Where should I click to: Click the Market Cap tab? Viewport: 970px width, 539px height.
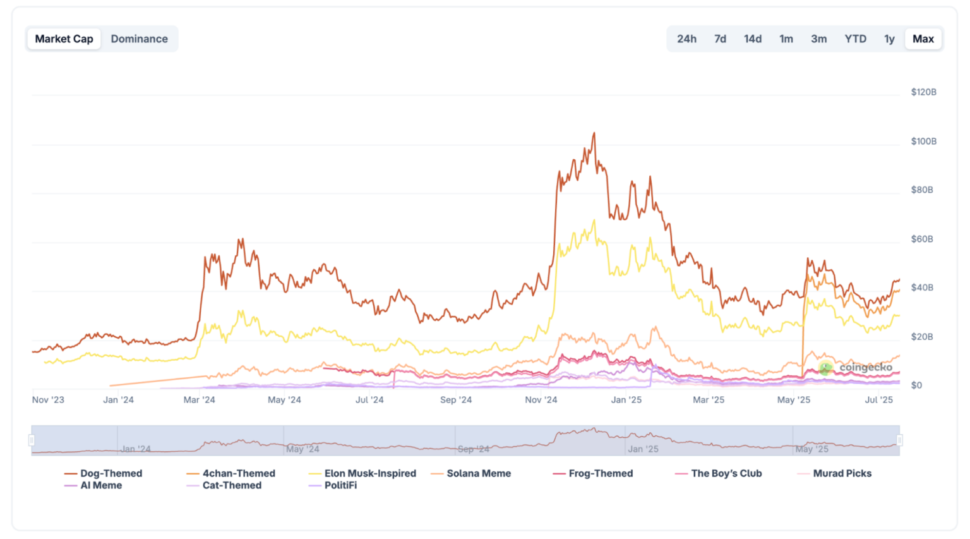pyautogui.click(x=64, y=39)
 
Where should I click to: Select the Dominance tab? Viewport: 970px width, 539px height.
pyautogui.click(x=139, y=39)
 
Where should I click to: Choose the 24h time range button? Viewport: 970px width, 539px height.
pyautogui.click(x=686, y=39)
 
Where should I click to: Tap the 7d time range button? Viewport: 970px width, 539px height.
pyautogui.click(x=720, y=39)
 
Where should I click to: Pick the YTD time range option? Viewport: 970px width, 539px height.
pyautogui.click(x=855, y=39)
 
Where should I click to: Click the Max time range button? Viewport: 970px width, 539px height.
pyautogui.click(x=923, y=39)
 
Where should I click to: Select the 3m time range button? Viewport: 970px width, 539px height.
pyautogui.click(x=818, y=39)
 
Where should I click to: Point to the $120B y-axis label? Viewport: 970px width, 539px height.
pyautogui.click(x=923, y=92)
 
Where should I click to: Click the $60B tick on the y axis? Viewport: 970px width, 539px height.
pyautogui.click(x=922, y=239)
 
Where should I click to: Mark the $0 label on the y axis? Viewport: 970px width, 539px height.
pyautogui.click(x=916, y=385)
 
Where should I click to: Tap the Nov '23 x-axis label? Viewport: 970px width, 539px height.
pyautogui.click(x=48, y=400)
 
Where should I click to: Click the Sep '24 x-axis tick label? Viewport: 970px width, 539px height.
pyautogui.click(x=456, y=400)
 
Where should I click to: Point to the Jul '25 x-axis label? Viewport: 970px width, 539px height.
pyautogui.click(x=879, y=400)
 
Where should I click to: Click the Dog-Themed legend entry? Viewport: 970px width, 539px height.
pyautogui.click(x=111, y=473)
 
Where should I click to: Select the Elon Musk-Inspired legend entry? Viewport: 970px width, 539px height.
pyautogui.click(x=369, y=473)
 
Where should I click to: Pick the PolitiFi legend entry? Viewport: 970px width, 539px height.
pyautogui.click(x=340, y=485)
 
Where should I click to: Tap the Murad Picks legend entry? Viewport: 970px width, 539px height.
pyautogui.click(x=842, y=473)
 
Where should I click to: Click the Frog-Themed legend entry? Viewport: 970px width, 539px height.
pyautogui.click(x=600, y=473)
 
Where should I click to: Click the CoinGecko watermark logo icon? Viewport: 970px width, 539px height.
pyautogui.click(x=825, y=367)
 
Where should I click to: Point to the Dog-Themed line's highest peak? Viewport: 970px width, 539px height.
pyautogui.click(x=594, y=133)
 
